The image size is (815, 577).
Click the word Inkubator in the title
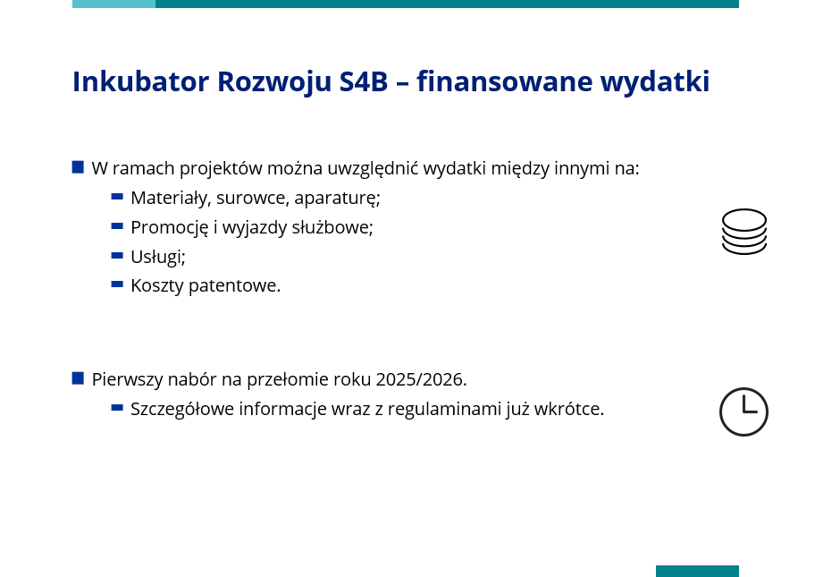(140, 81)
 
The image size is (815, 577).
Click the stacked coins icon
(744, 232)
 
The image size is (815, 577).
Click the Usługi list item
(158, 257)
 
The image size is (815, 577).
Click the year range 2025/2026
(421, 379)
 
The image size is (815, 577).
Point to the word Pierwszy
(127, 380)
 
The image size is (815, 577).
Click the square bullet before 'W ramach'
(78, 167)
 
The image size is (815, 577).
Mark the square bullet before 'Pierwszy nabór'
(78, 378)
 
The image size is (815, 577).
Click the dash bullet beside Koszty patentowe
(117, 284)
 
